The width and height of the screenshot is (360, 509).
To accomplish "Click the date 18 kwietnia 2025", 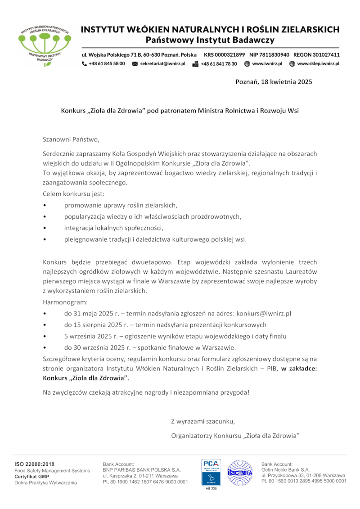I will tap(286, 82).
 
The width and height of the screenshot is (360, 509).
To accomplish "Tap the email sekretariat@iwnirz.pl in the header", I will tap(162, 64).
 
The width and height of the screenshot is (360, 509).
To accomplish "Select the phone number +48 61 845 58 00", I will tap(107, 64).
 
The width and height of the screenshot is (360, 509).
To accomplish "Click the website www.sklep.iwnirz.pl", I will tap(318, 64).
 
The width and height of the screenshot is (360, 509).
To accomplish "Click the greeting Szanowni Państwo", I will tap(70, 140).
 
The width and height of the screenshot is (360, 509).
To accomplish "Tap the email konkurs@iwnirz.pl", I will tap(264, 313).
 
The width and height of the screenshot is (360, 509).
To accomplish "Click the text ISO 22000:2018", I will tap(34, 464).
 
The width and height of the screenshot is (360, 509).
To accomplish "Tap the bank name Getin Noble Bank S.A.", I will tap(286, 469).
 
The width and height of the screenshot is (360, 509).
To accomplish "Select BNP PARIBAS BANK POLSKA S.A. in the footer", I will tap(142, 469).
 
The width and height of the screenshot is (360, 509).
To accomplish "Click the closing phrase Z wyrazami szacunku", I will tap(203, 421).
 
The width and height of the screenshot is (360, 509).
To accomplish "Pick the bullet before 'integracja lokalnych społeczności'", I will tap(44, 228).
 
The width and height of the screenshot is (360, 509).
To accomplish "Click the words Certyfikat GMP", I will tap(32, 476).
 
